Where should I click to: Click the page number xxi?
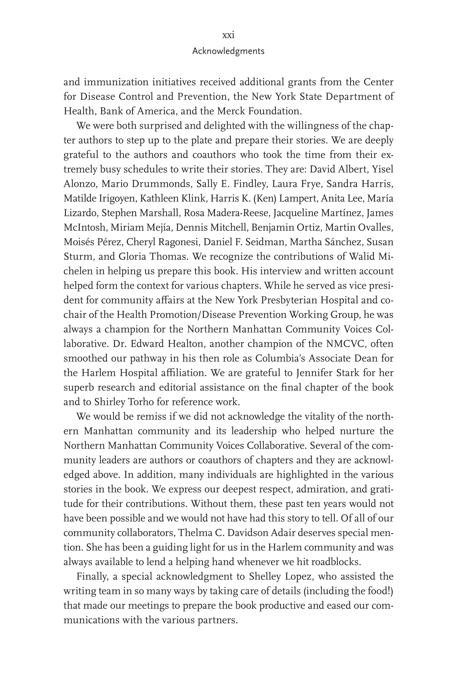pos(228,36)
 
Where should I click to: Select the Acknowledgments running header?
pos(228,51)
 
